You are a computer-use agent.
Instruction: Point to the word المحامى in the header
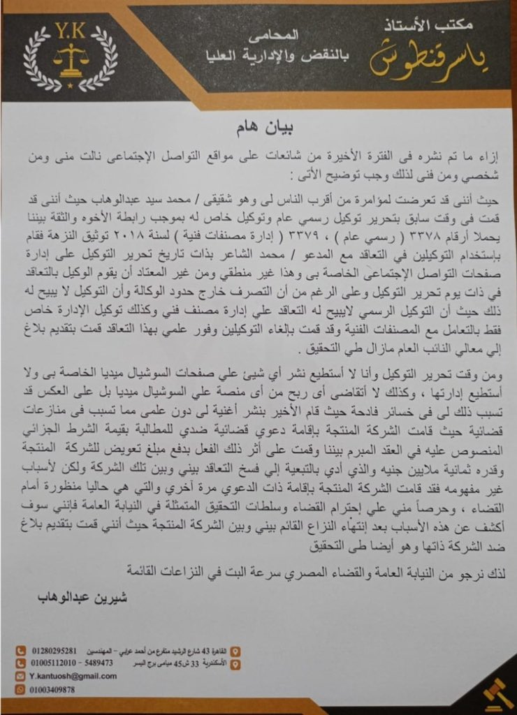click(281, 34)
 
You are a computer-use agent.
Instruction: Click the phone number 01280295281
click(54, 650)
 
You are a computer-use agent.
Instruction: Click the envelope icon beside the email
click(21, 676)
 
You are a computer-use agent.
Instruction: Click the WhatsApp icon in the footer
click(21, 688)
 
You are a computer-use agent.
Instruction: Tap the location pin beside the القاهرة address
click(235, 650)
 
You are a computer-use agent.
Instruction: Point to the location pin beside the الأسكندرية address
click(235, 663)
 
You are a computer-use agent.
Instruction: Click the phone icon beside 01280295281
click(21, 650)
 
